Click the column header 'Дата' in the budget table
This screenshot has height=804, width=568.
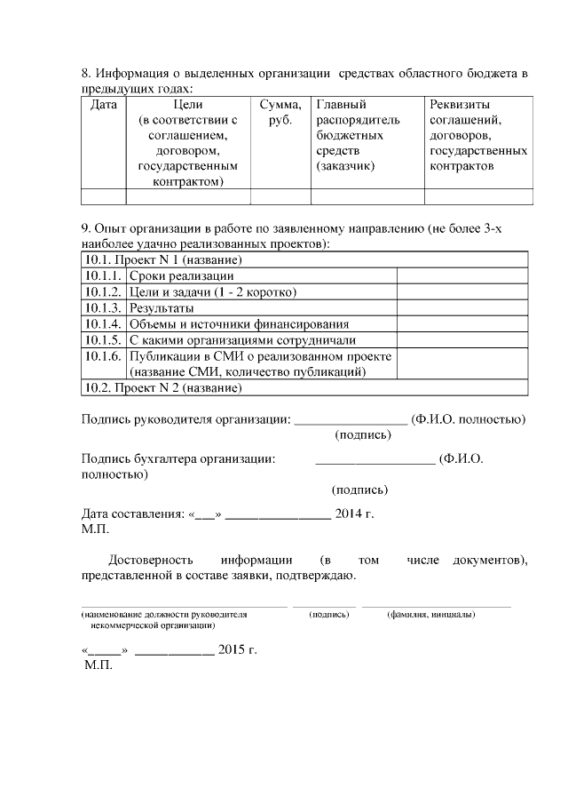pyautogui.click(x=103, y=104)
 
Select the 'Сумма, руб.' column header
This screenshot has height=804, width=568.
pyautogui.click(x=280, y=111)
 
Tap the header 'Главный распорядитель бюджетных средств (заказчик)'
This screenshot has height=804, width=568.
pyautogui.click(x=358, y=134)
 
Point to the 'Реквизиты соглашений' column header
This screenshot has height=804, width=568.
pyautogui.click(x=478, y=134)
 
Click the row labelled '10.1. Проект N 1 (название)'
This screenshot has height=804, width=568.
pyautogui.click(x=163, y=259)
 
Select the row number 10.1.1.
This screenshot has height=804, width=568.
pyautogui.click(x=103, y=275)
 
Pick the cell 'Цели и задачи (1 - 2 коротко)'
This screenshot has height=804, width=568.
pyautogui.click(x=212, y=291)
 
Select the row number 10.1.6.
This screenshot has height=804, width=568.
pyautogui.click(x=103, y=355)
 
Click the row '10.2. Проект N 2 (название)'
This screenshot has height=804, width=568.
pyautogui.click(x=163, y=387)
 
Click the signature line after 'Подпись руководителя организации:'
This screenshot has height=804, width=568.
pyautogui.click(x=350, y=419)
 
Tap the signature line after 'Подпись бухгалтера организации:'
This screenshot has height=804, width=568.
pyautogui.click(x=375, y=460)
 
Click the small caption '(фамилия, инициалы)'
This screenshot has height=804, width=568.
pyautogui.click(x=430, y=614)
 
